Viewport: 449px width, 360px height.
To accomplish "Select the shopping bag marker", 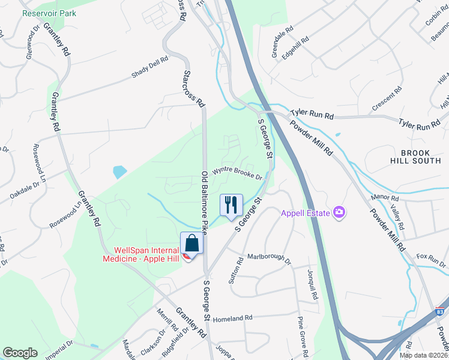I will pyautogui.click(x=192, y=244).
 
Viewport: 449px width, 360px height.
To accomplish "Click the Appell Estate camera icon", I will pyautogui.click(x=340, y=212).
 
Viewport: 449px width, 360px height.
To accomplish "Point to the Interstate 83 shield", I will pyautogui.click(x=441, y=312).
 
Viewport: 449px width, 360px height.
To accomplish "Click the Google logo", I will pyautogui.click(x=20, y=353).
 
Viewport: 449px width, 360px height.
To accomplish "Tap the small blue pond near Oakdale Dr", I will pyautogui.click(x=119, y=172).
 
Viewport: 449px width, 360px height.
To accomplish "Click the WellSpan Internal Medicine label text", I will pyautogui.click(x=147, y=254).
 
